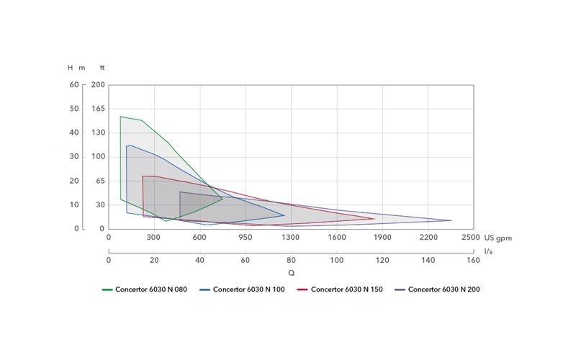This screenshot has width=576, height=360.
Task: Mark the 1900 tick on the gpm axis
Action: [x=382, y=237]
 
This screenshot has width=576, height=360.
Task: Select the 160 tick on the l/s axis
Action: [x=473, y=260]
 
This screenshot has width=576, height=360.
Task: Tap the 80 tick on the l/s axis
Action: [x=291, y=260]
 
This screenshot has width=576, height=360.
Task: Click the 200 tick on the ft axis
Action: [x=99, y=85]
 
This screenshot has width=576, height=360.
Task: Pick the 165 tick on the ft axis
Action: [x=99, y=109]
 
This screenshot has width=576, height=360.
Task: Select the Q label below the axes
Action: [x=291, y=273]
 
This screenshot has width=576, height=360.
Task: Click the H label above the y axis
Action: [x=70, y=68]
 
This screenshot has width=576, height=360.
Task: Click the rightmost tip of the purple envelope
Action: [x=451, y=220]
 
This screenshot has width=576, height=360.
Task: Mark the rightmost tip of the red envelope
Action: [x=374, y=219]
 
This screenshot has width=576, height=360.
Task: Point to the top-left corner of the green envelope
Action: [x=120, y=117]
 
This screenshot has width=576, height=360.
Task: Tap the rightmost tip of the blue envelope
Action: [x=284, y=215]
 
